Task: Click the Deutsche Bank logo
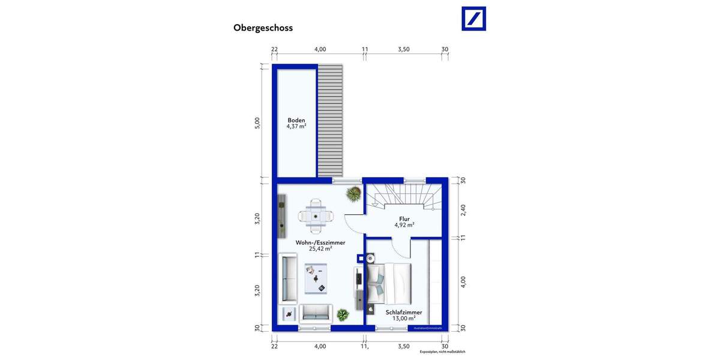click(473, 19)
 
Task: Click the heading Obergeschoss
click(263, 28)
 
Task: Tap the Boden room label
click(296, 120)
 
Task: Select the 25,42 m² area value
click(320, 248)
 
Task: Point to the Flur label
click(404, 219)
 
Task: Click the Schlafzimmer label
click(404, 312)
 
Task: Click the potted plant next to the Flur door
click(353, 194)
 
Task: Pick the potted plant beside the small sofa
click(343, 314)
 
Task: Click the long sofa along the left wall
click(289, 278)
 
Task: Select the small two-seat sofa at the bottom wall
click(316, 312)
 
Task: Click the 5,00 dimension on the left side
click(257, 122)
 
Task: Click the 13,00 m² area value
click(404, 319)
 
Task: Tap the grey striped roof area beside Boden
click(330, 120)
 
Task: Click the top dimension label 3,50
click(404, 49)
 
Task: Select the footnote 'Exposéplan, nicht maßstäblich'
click(442, 352)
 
